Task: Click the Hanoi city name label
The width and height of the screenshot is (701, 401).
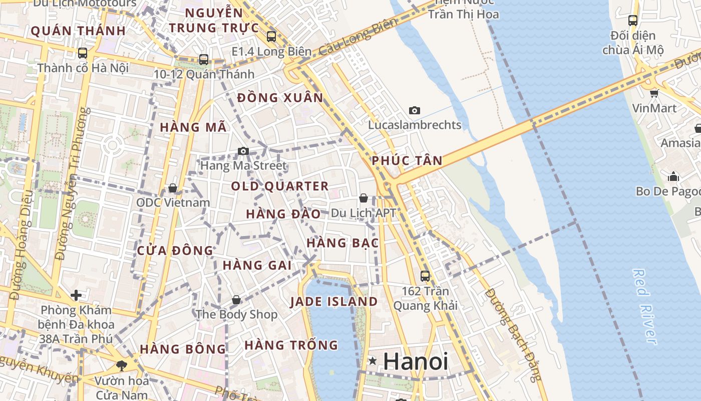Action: pos(416,361)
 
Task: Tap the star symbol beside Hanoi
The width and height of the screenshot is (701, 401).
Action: pos(373,361)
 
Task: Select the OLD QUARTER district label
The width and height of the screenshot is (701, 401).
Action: pos(279,186)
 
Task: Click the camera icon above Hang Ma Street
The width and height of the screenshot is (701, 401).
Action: pos(243,151)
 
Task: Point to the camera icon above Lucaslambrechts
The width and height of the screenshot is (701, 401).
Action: pos(414,110)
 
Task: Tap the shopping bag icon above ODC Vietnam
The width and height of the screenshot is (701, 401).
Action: pos(173,188)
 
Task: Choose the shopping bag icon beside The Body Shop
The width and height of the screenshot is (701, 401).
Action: pos(236,300)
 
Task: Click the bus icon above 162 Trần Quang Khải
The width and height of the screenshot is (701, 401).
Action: pos(425,276)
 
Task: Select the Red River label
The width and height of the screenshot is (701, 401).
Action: pos(644,307)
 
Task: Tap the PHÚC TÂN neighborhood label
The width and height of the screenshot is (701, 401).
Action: pos(407,161)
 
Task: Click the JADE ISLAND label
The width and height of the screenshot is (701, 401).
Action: pos(334,302)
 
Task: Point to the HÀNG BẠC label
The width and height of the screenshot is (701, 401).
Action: pos(342,243)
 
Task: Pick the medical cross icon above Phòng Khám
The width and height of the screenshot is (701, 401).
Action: pos(76,295)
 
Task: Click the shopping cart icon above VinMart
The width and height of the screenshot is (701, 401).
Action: pos(654,93)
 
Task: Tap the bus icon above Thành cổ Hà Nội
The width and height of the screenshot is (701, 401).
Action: pos(83,53)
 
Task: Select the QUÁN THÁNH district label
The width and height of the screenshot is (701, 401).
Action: pos(78,31)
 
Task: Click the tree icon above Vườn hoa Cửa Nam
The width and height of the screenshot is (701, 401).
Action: pos(121,365)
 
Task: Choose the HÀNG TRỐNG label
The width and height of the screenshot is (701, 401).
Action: pos(291,345)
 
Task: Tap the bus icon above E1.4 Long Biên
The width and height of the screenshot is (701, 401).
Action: pos(271,36)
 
